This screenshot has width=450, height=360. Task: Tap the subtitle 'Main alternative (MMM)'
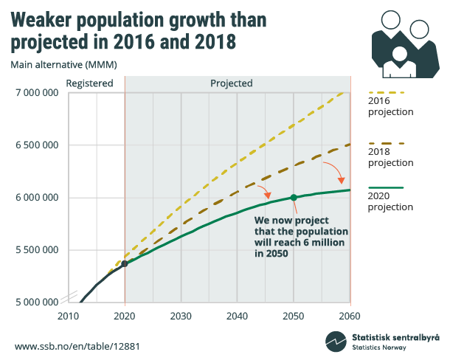pyautogui.click(x=63, y=64)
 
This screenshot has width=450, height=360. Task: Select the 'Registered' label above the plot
pyautogui.click(x=90, y=83)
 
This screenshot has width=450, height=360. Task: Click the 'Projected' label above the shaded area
pyautogui.click(x=232, y=83)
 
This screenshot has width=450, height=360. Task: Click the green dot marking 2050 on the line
pyautogui.click(x=294, y=198)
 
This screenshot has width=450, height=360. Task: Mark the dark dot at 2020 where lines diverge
pyautogui.click(x=125, y=263)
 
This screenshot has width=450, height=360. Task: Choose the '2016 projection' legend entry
pyautogui.click(x=390, y=106)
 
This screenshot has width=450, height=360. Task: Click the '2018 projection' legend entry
pyautogui.click(x=390, y=156)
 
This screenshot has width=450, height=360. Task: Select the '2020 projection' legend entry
pyautogui.click(x=390, y=201)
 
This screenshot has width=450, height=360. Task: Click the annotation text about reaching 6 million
pyautogui.click(x=300, y=236)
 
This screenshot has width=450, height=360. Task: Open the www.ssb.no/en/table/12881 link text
pyautogui.click(x=77, y=346)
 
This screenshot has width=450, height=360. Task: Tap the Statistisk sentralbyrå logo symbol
pyautogui.click(x=336, y=342)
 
